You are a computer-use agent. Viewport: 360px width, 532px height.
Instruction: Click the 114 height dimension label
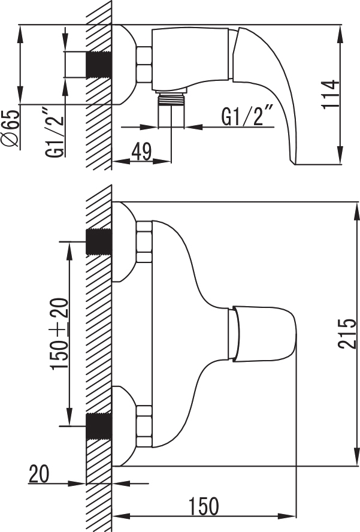(331, 94)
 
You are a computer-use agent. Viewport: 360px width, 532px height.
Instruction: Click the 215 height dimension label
(347, 334)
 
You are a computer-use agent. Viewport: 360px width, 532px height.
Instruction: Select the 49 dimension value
(141, 152)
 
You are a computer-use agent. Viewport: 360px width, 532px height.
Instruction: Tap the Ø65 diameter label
(11, 129)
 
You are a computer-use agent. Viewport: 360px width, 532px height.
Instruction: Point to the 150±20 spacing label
(59, 334)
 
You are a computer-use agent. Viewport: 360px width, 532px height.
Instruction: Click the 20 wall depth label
(39, 474)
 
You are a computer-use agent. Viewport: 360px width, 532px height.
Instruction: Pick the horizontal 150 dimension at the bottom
(204, 506)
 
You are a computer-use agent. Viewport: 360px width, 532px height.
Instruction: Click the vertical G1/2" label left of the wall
(55, 132)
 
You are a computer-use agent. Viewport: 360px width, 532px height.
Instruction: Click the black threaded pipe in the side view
(99, 65)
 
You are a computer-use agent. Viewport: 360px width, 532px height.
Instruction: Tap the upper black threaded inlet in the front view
(99, 242)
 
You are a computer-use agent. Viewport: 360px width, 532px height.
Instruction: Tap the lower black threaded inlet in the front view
(99, 427)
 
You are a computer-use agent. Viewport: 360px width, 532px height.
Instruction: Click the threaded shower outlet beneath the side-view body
(171, 98)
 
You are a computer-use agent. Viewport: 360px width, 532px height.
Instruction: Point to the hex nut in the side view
(144, 65)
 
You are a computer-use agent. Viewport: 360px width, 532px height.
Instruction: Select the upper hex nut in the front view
(144, 242)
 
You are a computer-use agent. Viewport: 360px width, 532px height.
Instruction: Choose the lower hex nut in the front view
(144, 426)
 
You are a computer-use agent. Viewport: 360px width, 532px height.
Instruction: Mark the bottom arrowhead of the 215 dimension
(356, 457)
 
